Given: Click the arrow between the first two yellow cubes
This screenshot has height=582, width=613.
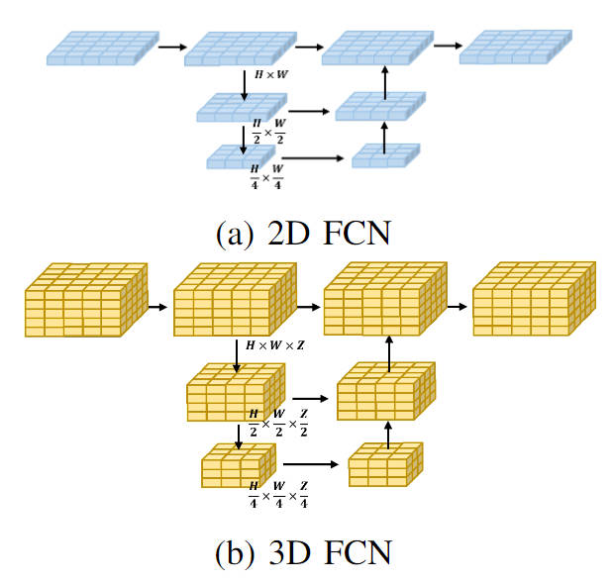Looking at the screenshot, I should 158,307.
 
